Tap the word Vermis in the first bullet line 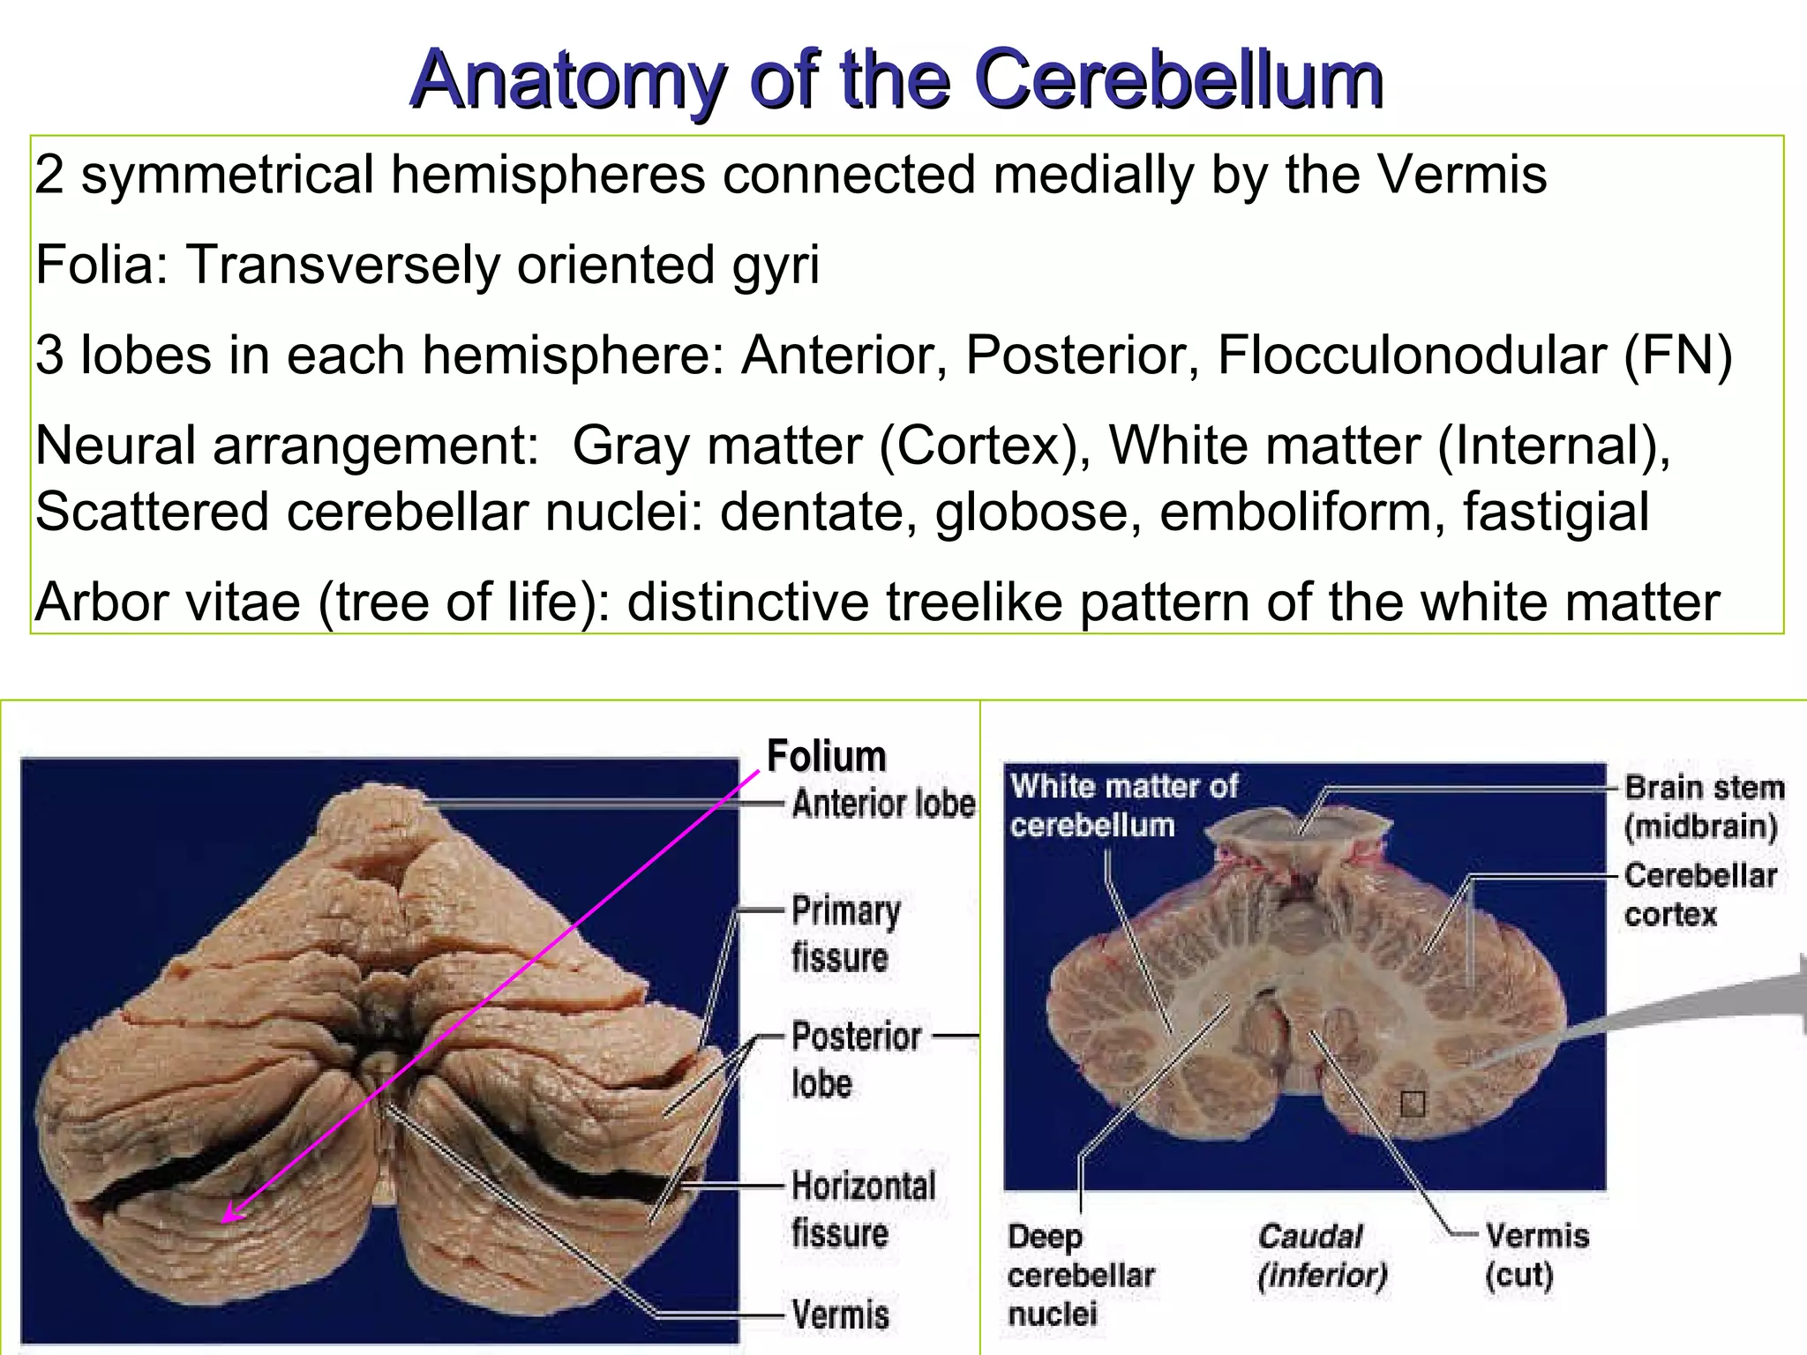pos(1461,174)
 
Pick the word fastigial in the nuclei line pos(1556,513)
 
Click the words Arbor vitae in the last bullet pos(168,603)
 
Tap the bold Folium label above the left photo pos(826,756)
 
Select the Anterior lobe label pos(883,804)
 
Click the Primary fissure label pos(844,933)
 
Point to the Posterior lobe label pos(854,1059)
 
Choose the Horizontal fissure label pos(862,1209)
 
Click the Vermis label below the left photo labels pos(840,1314)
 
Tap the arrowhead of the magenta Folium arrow pos(227,1218)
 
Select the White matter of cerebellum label pos(1122,805)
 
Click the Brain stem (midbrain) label pos(1704,806)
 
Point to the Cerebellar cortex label pos(1699,895)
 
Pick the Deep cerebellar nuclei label pos(1080,1275)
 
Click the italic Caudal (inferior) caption pos(1321,1254)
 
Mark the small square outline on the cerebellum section pos(1413,1104)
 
